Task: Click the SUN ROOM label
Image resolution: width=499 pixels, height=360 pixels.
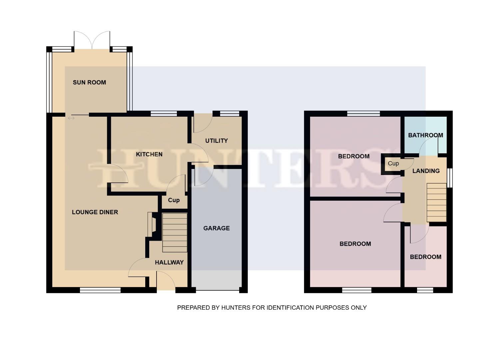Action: pyautogui.click(x=89, y=82)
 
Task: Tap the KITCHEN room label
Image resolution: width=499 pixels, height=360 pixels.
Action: pyautogui.click(x=149, y=154)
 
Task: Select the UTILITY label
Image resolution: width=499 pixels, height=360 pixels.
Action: pyautogui.click(x=216, y=141)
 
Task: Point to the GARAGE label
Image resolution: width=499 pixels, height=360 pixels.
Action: pyautogui.click(x=216, y=228)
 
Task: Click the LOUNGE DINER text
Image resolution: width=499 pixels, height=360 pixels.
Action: pyautogui.click(x=95, y=212)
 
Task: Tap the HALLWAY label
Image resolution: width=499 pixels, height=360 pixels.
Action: pyautogui.click(x=169, y=262)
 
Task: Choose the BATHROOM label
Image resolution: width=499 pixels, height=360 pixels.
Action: pyautogui.click(x=425, y=135)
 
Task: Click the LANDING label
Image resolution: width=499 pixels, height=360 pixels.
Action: pyautogui.click(x=426, y=171)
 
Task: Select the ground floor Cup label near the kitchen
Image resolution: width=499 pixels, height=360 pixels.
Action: pyautogui.click(x=174, y=200)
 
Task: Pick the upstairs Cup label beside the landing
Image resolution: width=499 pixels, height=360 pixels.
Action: pyautogui.click(x=393, y=163)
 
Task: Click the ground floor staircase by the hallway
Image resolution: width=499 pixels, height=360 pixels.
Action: pyautogui.click(x=175, y=233)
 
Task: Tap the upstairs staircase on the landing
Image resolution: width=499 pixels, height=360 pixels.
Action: pyautogui.click(x=436, y=202)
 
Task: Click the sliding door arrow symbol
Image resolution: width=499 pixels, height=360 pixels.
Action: pyautogui.click(x=71, y=118)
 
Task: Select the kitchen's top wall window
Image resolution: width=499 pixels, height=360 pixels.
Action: pyautogui.click(x=164, y=114)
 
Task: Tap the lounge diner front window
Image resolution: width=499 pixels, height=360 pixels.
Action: pyautogui.click(x=100, y=290)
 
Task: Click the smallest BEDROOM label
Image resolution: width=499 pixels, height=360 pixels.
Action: pyautogui.click(x=425, y=257)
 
